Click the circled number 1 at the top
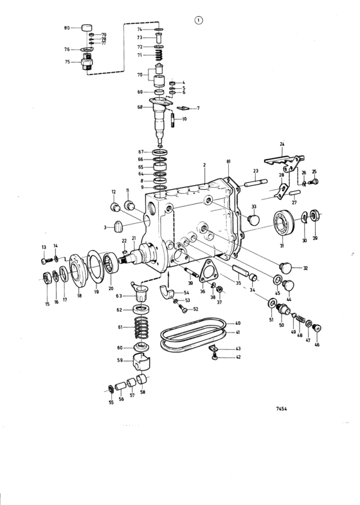coord(199,21)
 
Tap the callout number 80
coord(67,28)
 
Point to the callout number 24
coord(281,144)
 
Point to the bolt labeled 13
coord(46,261)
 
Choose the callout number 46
coord(316,345)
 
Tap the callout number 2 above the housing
coord(204,165)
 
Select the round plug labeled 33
coord(253,221)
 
